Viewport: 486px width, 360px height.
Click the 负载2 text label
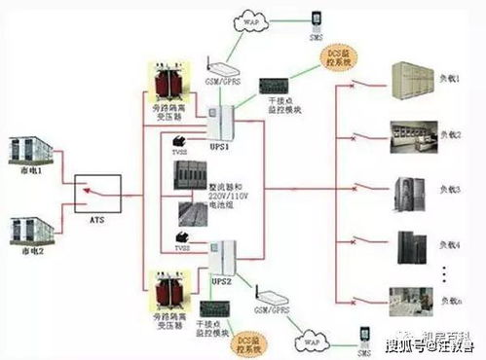(x=447, y=133)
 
